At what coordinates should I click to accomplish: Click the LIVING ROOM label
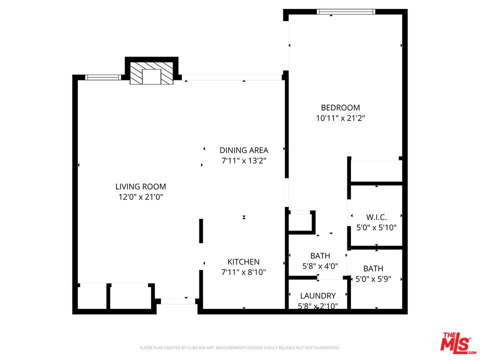[140, 186]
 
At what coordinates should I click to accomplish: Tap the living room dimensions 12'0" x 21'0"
[140, 197]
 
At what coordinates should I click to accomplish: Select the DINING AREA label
[244, 150]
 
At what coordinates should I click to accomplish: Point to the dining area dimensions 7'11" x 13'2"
[244, 160]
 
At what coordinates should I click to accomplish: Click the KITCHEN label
[243, 261]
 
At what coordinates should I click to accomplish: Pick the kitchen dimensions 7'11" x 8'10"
[243, 272]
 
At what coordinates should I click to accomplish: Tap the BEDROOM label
[340, 108]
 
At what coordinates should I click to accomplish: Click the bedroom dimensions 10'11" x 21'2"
[340, 118]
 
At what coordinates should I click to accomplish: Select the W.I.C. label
[376, 217]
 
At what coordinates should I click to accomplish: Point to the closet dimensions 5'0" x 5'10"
[376, 227]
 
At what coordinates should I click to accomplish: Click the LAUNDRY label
[318, 295]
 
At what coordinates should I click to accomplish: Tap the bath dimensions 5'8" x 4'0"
[320, 266]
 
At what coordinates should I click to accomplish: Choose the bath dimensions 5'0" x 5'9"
[373, 279]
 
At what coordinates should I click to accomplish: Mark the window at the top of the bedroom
[346, 12]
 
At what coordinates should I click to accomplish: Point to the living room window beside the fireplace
[103, 77]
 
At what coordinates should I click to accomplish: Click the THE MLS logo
[457, 342]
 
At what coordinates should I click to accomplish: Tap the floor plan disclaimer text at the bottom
[239, 348]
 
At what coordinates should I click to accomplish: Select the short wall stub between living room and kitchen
[201, 231]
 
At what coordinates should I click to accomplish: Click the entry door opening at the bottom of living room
[178, 301]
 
